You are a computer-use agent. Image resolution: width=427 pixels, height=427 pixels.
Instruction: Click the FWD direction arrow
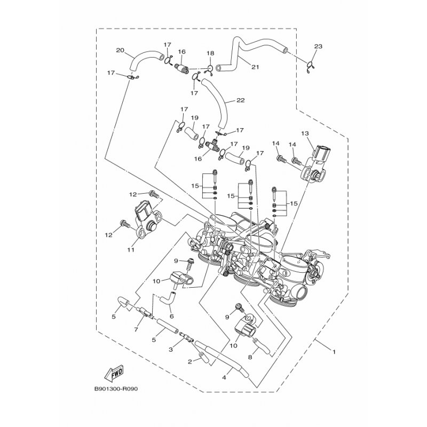[x=114, y=373]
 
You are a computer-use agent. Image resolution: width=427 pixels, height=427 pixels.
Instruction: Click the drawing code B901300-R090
[x=116, y=389]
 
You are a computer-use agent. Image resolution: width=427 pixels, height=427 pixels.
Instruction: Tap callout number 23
[x=318, y=46]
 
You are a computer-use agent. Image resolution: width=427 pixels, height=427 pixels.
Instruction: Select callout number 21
[x=255, y=67]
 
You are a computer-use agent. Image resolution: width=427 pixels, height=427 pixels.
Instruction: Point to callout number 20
[x=120, y=50]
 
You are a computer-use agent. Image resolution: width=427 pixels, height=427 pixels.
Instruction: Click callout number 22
[x=240, y=100]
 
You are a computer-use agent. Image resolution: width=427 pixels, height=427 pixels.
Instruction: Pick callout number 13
[x=305, y=133]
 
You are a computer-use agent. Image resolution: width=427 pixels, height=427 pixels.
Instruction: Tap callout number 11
[x=131, y=249]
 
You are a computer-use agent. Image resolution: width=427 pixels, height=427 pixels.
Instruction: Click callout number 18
[x=210, y=53]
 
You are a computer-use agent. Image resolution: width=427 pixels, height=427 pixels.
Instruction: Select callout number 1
[x=334, y=352]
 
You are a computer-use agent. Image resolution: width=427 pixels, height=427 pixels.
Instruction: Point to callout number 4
[x=224, y=377]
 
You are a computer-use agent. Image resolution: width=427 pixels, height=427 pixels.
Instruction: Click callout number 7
[x=136, y=330]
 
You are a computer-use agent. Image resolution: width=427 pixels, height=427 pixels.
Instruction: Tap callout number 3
[x=171, y=350]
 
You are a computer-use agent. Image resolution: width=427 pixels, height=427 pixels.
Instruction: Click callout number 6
[x=171, y=317]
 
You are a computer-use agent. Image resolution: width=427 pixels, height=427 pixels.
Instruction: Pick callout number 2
[x=190, y=362]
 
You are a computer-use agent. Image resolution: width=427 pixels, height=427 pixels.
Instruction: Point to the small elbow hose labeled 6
[x=167, y=298]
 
